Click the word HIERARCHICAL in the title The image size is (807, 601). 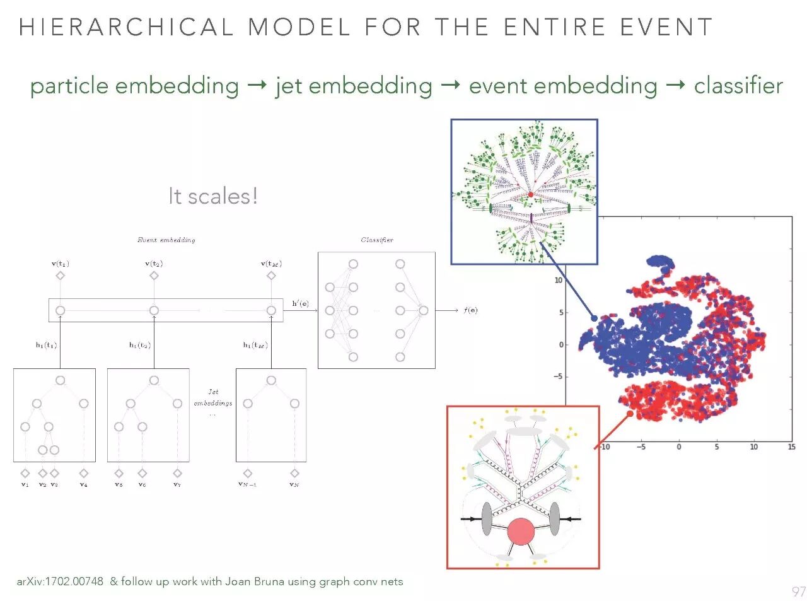click(126, 27)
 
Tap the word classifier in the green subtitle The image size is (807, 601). click(738, 86)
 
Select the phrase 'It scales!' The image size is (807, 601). click(212, 196)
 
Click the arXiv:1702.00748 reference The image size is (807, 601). click(60, 581)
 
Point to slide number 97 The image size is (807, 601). click(798, 592)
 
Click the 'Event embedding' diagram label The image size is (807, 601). click(166, 240)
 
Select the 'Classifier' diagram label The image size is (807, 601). click(377, 240)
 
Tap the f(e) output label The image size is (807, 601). click(470, 310)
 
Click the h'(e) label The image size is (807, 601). click(300, 303)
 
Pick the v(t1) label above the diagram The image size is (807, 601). click(60, 264)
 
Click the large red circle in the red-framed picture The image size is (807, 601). click(521, 532)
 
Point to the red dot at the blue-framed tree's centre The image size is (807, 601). click(530, 195)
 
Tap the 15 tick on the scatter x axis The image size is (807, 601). click(791, 446)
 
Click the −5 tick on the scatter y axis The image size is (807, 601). click(558, 376)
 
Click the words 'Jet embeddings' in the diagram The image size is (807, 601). click(212, 397)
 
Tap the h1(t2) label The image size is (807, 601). click(139, 345)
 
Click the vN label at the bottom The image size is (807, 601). click(294, 484)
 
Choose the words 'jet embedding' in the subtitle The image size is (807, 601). click(354, 86)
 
